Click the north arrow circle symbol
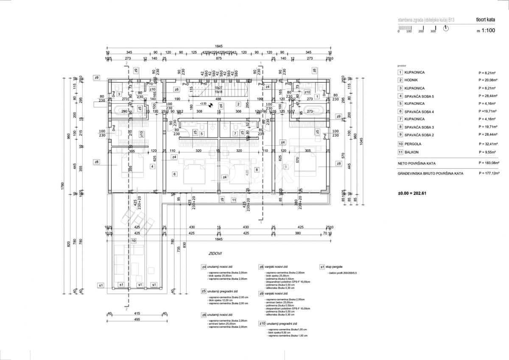pos(446,28)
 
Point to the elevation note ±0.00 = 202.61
pos(414,193)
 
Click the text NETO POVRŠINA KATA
pos(416,163)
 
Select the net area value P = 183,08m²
pos(492,163)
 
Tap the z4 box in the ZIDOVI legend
pos(204,267)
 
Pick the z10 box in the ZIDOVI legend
pos(262,324)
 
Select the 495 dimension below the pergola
pos(137,319)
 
